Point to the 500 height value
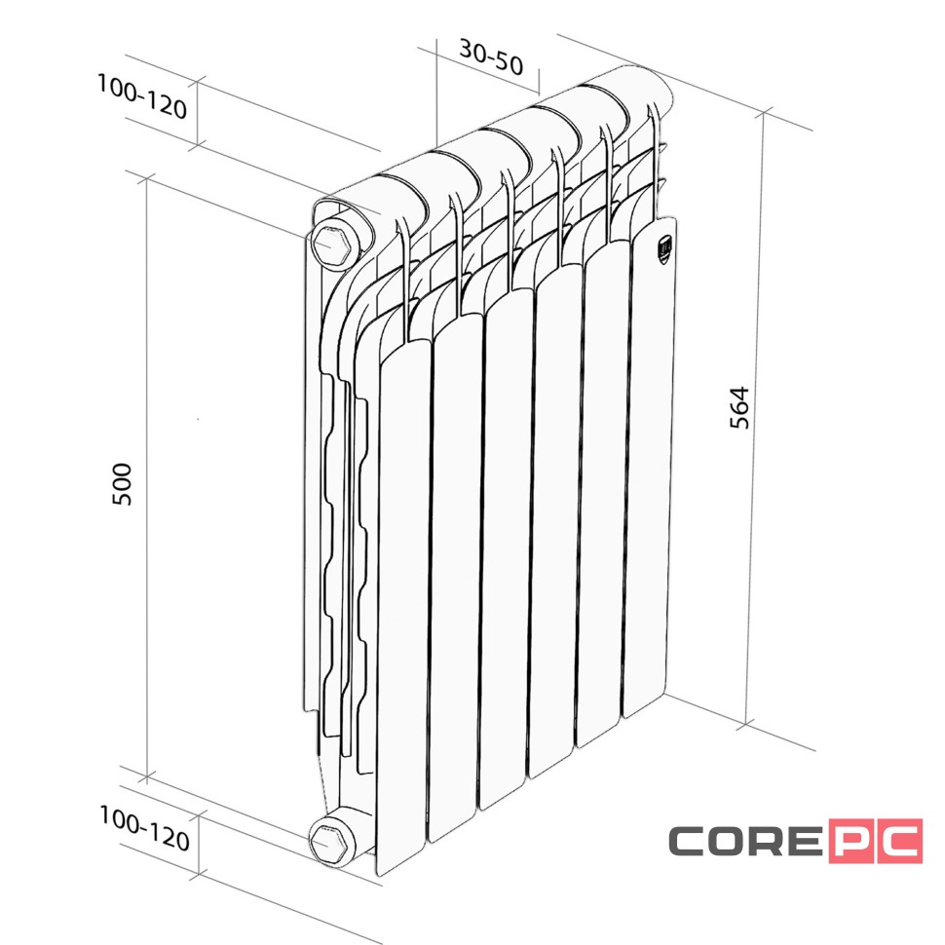pos(123,484)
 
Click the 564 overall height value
pos(739,408)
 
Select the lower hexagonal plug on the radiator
pos(330,839)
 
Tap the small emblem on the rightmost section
pos(662,249)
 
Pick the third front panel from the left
pos(505,546)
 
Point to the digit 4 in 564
pos(739,393)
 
